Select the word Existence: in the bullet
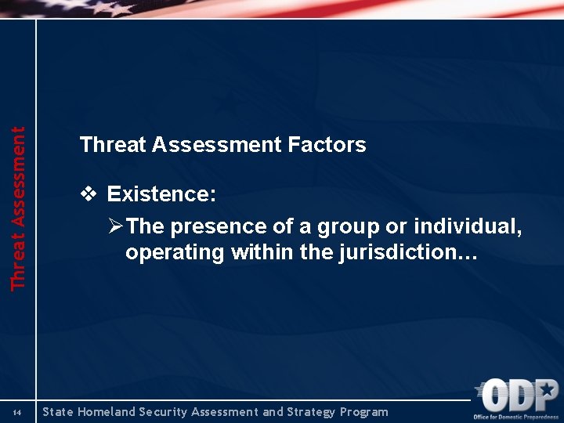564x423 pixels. tap(161, 193)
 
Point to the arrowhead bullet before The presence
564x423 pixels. tap(115, 226)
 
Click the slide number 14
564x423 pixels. tap(17, 413)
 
